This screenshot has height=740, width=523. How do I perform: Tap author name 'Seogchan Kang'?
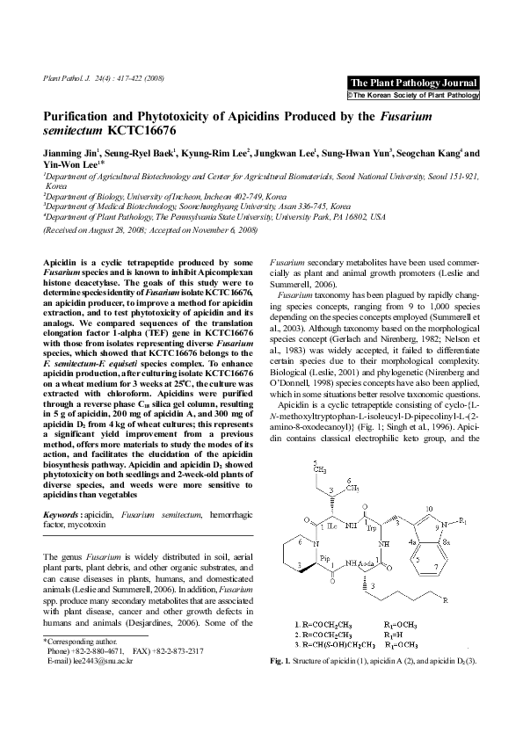click(427, 152)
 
